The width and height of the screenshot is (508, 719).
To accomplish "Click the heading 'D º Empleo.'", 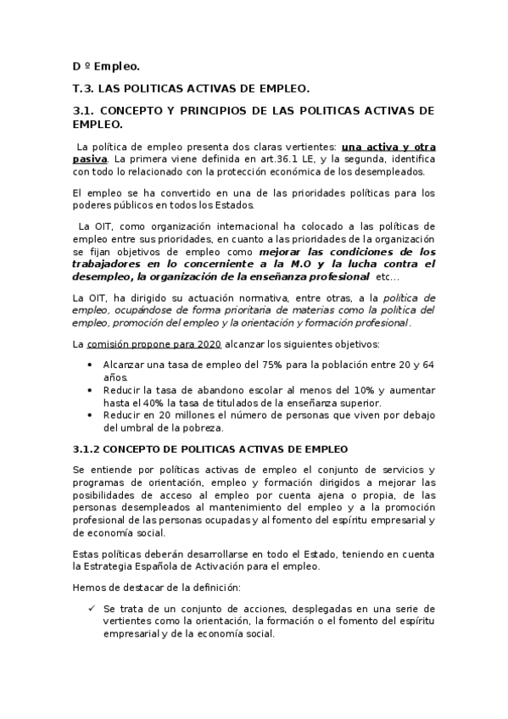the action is (106, 66).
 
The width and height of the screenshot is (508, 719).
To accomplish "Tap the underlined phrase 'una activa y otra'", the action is (388, 146).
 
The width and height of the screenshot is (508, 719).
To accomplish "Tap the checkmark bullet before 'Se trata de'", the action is (91, 609).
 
